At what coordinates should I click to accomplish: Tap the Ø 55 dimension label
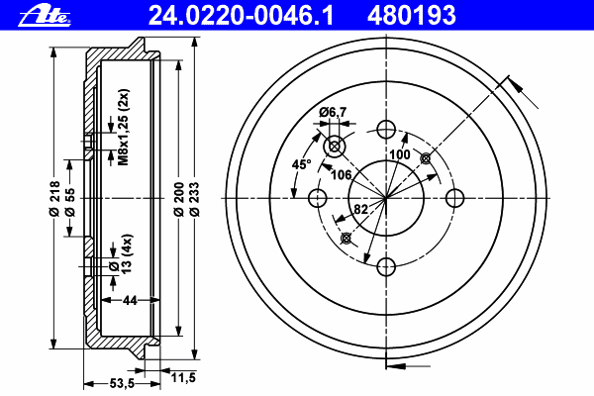(70, 197)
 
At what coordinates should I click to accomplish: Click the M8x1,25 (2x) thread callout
(125, 127)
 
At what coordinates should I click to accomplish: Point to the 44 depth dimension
(130, 300)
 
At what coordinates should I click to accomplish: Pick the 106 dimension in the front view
(342, 175)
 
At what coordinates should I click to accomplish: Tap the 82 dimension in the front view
(362, 209)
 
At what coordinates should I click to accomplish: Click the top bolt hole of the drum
(386, 129)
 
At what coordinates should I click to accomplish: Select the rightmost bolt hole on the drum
(455, 198)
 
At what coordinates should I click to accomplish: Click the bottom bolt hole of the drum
(386, 266)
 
